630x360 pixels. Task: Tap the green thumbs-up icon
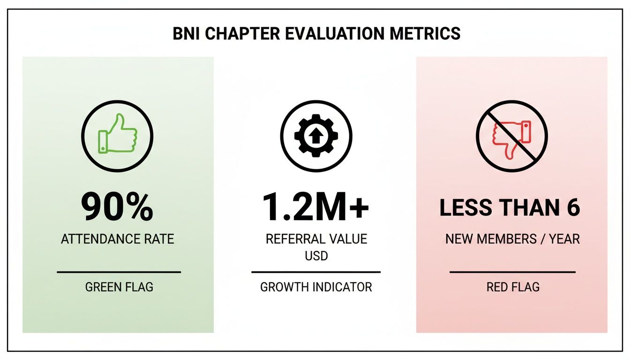118,135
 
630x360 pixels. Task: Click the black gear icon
316,135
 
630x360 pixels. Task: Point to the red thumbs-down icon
512,136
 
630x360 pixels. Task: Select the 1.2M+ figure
315,207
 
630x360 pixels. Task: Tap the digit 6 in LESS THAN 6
573,208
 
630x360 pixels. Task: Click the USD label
316,257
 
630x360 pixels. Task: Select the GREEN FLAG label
119,287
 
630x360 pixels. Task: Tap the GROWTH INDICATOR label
316,287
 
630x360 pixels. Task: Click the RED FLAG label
513,287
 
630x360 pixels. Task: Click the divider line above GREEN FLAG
119,272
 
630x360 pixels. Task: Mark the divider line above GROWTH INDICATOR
316,272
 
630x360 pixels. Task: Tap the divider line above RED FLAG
512,272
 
